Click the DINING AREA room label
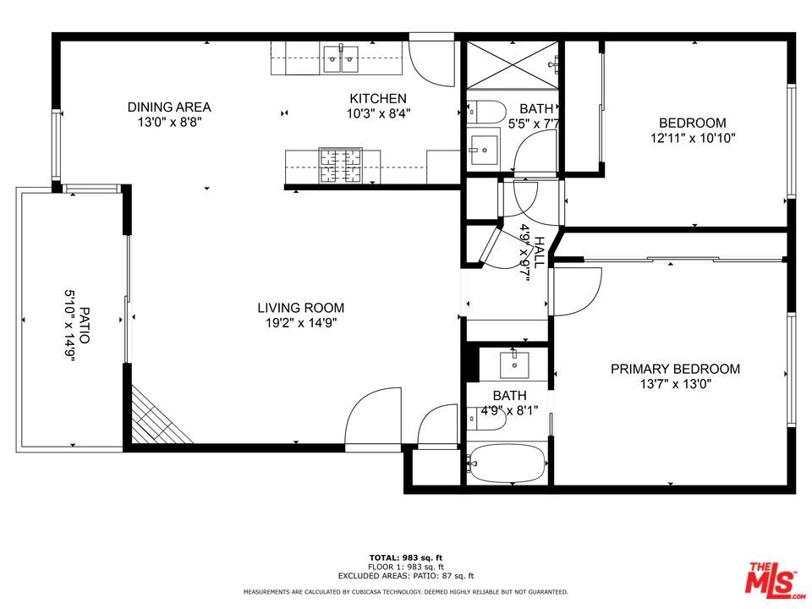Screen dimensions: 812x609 pyautogui.click(x=169, y=107)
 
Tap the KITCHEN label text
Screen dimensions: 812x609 pyautogui.click(x=378, y=98)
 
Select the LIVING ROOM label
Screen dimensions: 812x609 pyautogui.click(x=301, y=308)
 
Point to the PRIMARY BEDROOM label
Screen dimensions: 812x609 pyautogui.click(x=675, y=369)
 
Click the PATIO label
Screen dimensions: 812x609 pyautogui.click(x=84, y=325)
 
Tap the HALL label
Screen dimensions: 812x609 pyautogui.click(x=539, y=252)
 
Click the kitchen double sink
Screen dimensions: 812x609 pyautogui.click(x=341, y=58)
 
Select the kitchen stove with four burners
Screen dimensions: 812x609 pyautogui.click(x=340, y=166)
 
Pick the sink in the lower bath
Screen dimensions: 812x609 pyautogui.click(x=514, y=365)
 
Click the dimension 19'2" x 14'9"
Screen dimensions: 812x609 pyautogui.click(x=301, y=323)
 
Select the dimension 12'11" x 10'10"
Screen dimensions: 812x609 pyautogui.click(x=693, y=138)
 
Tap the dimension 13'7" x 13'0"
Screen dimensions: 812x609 pyautogui.click(x=675, y=384)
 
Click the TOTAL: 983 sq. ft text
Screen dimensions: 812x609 pyautogui.click(x=406, y=557)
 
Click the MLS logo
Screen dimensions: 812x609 pyautogui.click(x=773, y=578)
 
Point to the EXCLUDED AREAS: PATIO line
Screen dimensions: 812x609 pyautogui.click(x=406, y=575)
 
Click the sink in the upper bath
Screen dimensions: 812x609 pyautogui.click(x=484, y=150)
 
